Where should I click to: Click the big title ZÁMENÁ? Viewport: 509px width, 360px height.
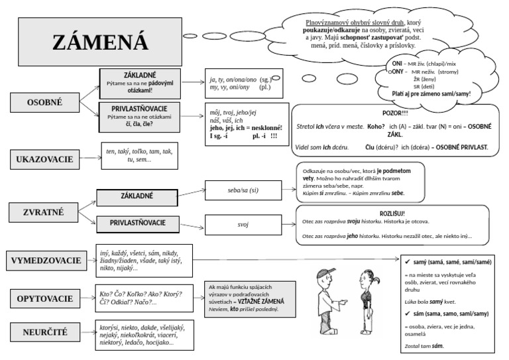[x=100, y=42]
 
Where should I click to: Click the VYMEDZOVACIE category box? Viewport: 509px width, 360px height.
[x=46, y=261]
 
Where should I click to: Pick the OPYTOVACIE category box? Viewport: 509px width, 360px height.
[x=45, y=298]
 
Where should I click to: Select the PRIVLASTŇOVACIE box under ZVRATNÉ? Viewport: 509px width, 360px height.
[x=138, y=223]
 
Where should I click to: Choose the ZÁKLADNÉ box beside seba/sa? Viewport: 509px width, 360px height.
[x=137, y=196]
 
